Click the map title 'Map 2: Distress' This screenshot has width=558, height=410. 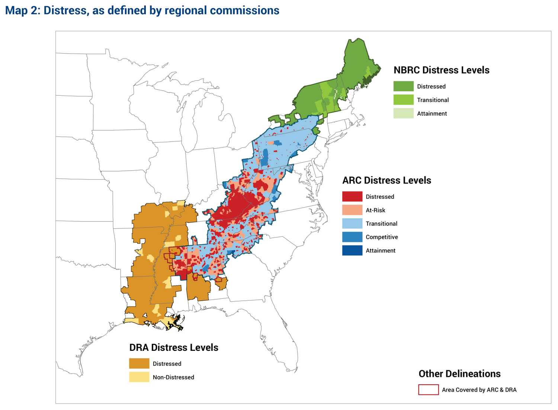[x=142, y=10]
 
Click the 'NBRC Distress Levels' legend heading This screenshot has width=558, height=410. [x=441, y=70]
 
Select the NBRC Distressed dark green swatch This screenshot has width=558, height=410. [x=403, y=86]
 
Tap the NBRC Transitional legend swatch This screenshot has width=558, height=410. [x=403, y=100]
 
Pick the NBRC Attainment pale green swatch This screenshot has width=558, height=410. [x=403, y=113]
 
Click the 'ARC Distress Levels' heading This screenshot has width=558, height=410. [x=387, y=180]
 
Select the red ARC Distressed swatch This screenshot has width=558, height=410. [x=352, y=196]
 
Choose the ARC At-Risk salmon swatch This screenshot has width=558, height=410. [x=352, y=210]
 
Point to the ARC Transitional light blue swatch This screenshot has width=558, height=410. [x=352, y=224]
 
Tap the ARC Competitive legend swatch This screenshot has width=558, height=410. [x=352, y=237]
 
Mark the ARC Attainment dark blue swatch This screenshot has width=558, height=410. [x=352, y=250]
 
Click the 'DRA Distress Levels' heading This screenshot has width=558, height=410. [x=174, y=347]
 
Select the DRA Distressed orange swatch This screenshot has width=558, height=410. [x=139, y=363]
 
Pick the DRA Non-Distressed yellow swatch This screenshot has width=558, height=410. [x=139, y=377]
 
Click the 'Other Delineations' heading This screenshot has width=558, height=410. [x=459, y=374]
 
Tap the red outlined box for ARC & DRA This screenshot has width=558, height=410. [x=428, y=390]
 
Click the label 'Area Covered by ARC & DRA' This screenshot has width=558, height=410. [x=479, y=390]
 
